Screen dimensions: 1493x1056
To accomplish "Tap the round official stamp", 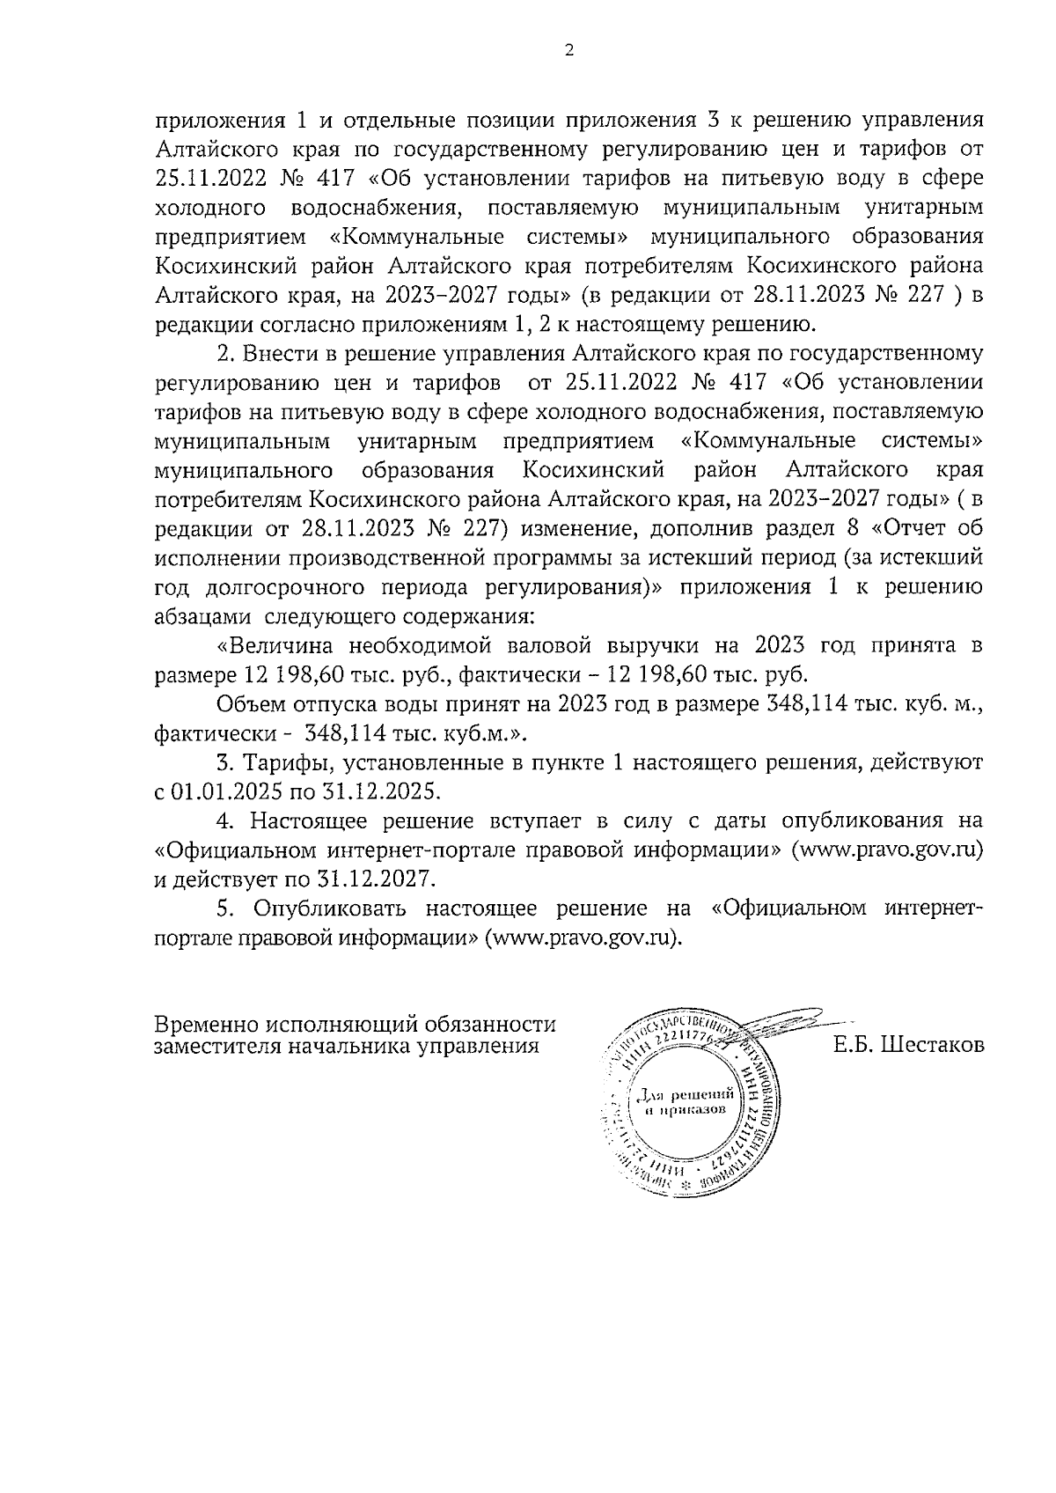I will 682,1105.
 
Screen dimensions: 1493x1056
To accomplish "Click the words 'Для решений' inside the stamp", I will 683,1096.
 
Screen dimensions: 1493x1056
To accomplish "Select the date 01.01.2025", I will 224,791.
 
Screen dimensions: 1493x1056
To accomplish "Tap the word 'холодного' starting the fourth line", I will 210,209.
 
